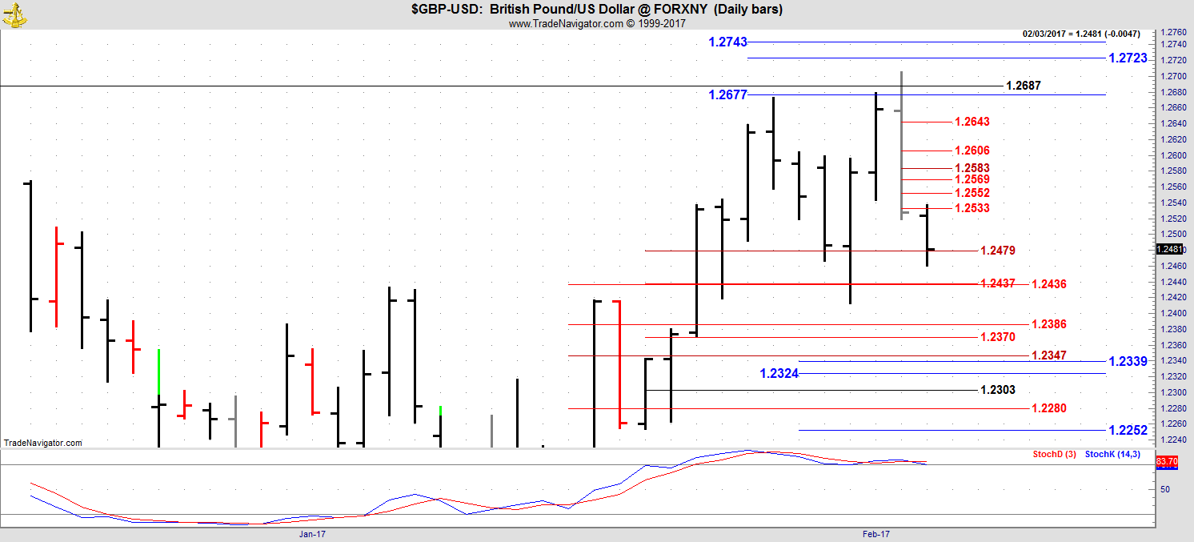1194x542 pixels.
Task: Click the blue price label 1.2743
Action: (727, 42)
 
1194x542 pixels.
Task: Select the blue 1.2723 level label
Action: (1128, 58)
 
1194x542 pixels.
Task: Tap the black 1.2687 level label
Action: (1023, 86)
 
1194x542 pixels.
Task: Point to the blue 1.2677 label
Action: (727, 94)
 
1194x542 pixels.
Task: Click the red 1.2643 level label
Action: (972, 122)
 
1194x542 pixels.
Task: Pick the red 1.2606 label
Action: (972, 151)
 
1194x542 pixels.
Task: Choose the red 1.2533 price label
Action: (972, 208)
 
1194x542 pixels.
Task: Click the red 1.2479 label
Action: (997, 251)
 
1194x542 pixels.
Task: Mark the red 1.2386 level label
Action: (1048, 324)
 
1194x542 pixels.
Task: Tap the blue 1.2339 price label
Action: (1128, 361)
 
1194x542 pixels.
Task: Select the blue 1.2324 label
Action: (779, 373)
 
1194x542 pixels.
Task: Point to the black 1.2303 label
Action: (997, 390)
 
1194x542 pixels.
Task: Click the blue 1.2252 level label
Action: (1128, 431)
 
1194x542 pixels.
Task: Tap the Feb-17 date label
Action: (876, 533)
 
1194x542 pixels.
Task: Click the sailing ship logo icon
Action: (14, 14)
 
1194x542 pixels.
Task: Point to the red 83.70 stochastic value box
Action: (1167, 462)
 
